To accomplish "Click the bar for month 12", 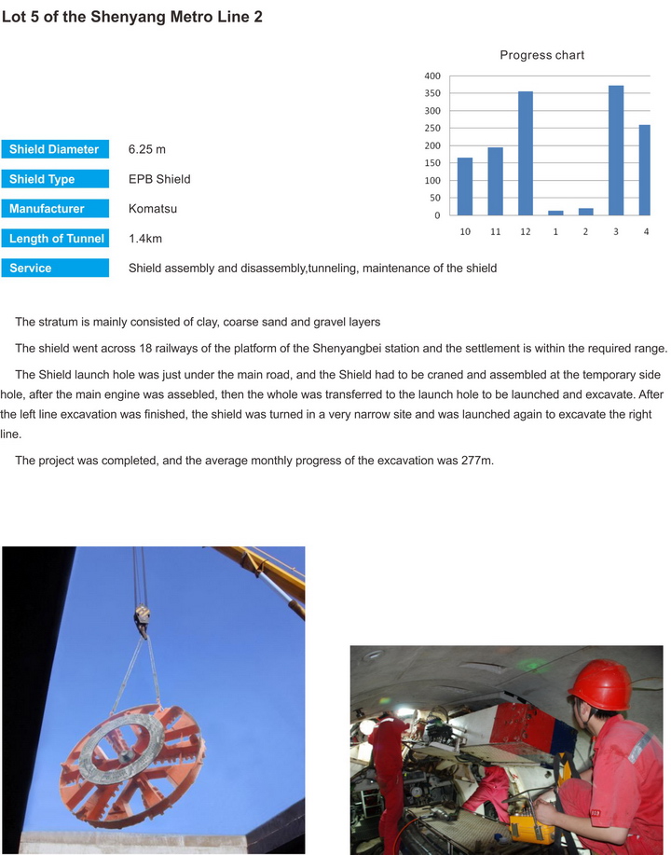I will pos(526,153).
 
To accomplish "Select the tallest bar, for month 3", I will pos(616,150).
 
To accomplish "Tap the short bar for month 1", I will pos(555,213).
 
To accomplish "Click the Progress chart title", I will pos(541,55).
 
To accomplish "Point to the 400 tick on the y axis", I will pos(431,76).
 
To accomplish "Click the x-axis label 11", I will pos(495,230).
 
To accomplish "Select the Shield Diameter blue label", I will pos(54,149).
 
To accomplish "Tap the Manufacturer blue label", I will pos(54,209).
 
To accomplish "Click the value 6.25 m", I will pos(147,149).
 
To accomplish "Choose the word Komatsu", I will pos(153,209).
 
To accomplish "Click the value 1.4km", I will pos(150,239).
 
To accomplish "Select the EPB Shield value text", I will pos(159,179).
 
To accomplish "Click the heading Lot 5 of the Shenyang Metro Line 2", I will pos(131,18).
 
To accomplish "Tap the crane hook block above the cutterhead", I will pos(143,614).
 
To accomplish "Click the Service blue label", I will pos(54,269).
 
